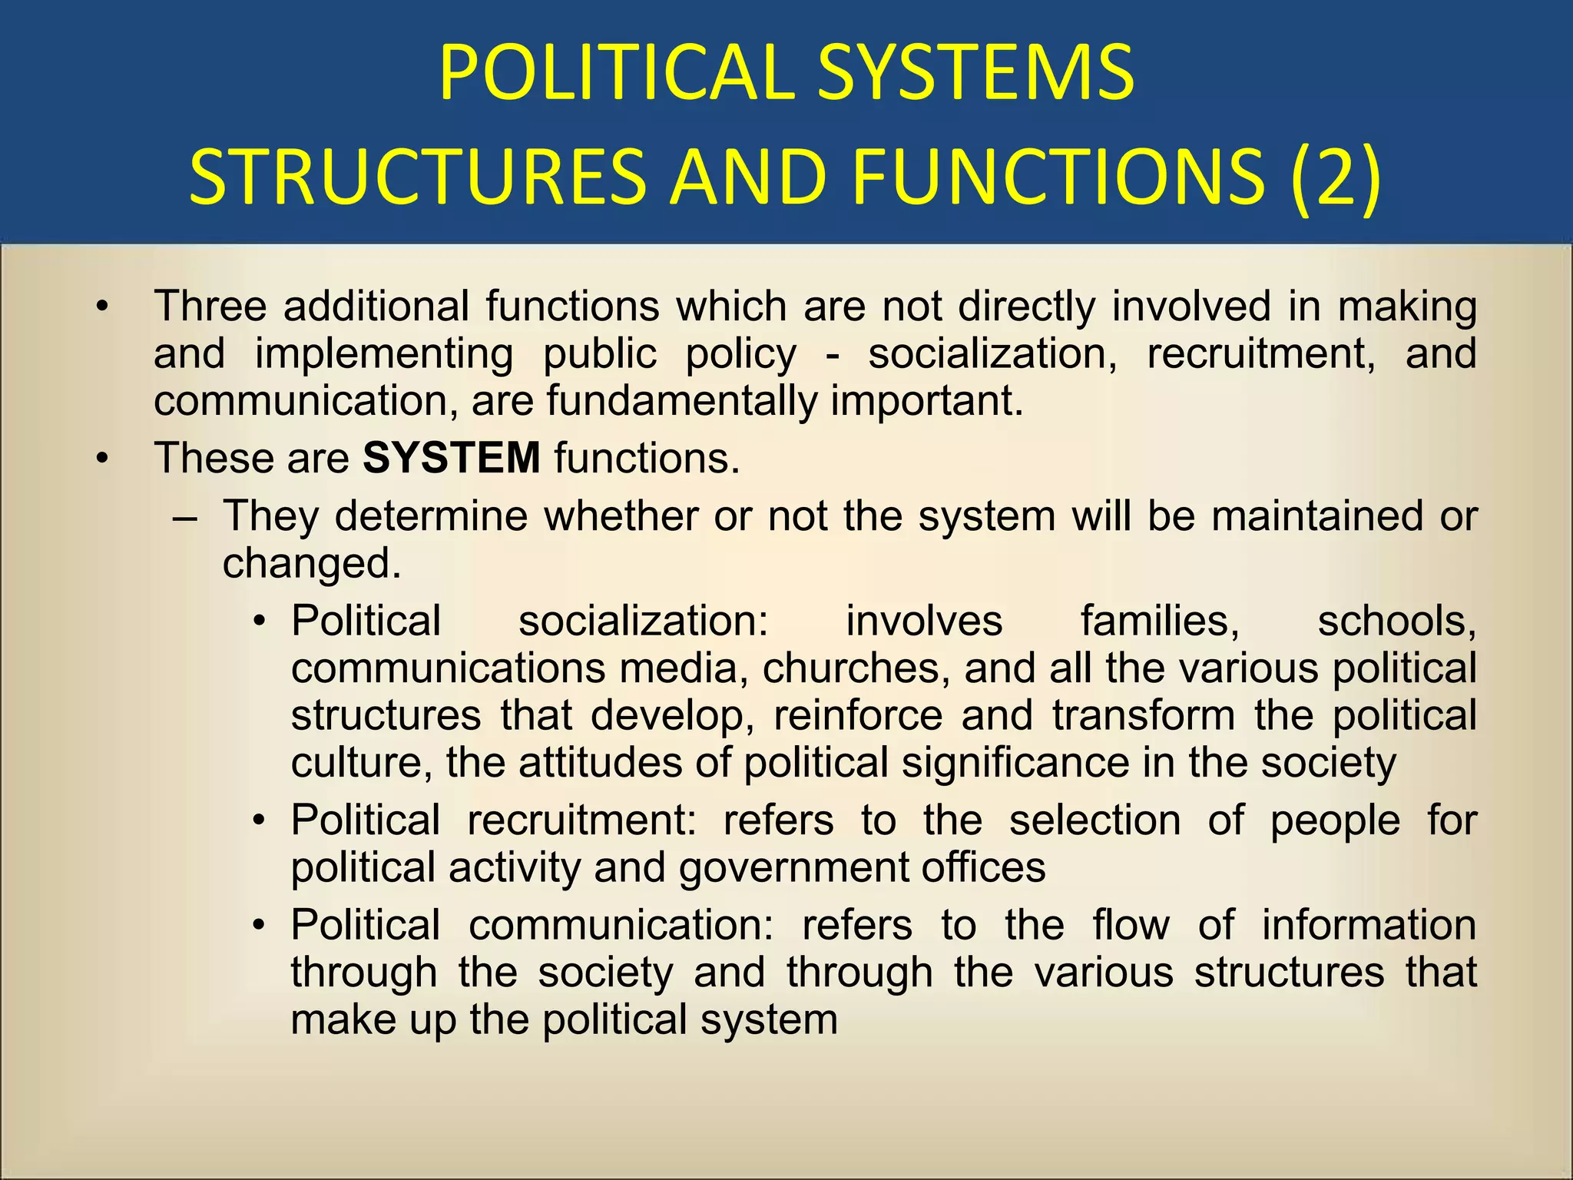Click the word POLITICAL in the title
click(x=615, y=73)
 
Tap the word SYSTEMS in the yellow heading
click(x=975, y=73)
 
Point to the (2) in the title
click(x=1334, y=177)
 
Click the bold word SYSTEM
click(x=452, y=458)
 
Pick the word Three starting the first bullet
click(x=210, y=306)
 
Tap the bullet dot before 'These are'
click(x=102, y=459)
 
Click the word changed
click(x=312, y=563)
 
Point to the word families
click(x=1160, y=621)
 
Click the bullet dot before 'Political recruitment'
click(x=260, y=821)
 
